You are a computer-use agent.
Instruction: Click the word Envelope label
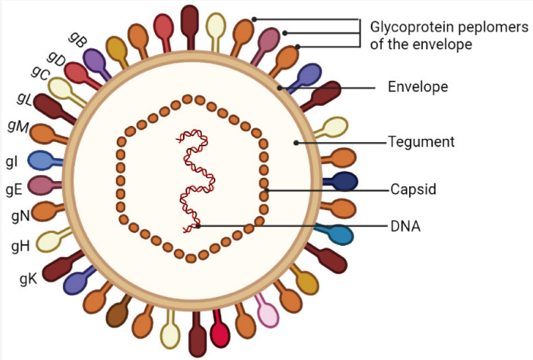point(418,87)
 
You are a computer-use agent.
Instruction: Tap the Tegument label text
point(421,142)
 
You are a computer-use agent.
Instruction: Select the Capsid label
point(413,189)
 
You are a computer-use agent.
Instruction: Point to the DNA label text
point(405,226)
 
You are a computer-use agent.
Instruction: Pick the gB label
point(78,40)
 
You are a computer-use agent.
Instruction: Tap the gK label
point(29,279)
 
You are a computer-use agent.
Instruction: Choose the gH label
point(20,246)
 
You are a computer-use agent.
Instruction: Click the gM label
point(18,126)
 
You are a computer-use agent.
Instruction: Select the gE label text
point(14,189)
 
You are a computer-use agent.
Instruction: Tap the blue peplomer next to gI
point(45,160)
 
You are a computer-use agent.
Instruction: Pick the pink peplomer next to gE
point(44,186)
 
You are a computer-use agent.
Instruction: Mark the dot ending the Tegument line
point(296,143)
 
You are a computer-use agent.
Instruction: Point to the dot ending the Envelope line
point(279,88)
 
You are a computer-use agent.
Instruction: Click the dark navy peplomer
point(341,181)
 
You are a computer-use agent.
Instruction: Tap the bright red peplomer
point(219,328)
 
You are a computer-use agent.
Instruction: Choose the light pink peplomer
point(267,311)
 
